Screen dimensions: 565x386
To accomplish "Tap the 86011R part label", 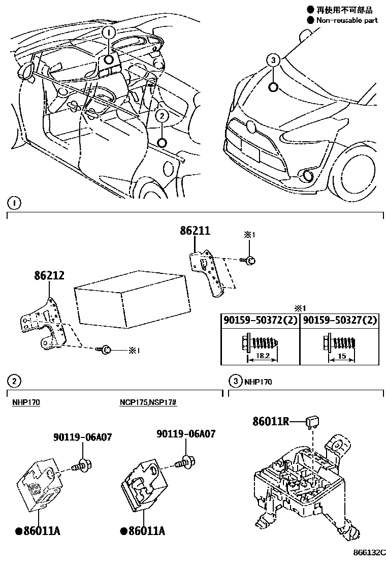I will (271, 421).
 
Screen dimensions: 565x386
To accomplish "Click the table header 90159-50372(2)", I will (260, 321).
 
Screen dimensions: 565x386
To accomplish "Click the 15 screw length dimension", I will (341, 357).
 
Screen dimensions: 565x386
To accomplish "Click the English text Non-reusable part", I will (347, 20).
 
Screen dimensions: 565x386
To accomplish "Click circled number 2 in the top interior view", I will (162, 116).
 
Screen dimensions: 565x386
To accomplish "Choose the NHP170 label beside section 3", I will (258, 382).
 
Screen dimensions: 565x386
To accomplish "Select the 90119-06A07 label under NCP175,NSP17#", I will (186, 434).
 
